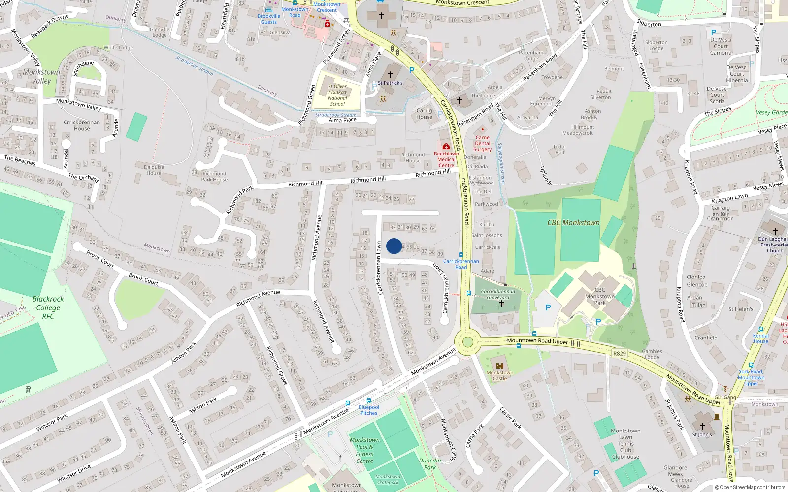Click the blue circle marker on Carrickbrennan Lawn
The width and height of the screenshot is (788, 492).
[x=394, y=246]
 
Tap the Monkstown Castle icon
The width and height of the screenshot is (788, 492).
[x=500, y=366]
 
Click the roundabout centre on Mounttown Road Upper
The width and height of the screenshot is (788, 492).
[x=467, y=342]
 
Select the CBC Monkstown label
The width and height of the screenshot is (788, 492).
[x=573, y=223]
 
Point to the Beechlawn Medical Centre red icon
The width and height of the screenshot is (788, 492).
[x=446, y=147]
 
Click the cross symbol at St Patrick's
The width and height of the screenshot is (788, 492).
[x=391, y=75]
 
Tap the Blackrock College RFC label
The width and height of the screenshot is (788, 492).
[x=48, y=307]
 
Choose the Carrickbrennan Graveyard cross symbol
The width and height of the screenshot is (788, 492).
[x=502, y=304]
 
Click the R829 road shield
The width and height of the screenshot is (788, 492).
[x=620, y=354]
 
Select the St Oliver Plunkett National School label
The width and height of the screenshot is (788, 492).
[x=337, y=95]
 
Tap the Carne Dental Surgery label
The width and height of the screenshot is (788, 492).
[x=482, y=144]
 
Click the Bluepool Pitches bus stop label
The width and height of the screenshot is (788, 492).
[x=369, y=410]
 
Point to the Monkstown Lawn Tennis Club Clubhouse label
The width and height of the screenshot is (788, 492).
[x=625, y=444]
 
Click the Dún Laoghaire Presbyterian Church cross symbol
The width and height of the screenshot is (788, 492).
[x=775, y=231]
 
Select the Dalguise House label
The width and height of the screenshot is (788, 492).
[x=154, y=170]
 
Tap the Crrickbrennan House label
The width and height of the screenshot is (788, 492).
[x=82, y=125]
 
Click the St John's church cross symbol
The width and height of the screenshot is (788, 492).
[x=702, y=426]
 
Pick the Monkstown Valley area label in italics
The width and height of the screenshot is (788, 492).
[x=41, y=76]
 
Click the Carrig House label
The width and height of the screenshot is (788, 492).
[x=424, y=114]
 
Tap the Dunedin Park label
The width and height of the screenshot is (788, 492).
[x=429, y=464]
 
